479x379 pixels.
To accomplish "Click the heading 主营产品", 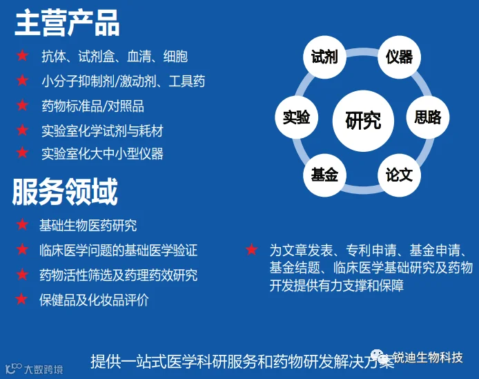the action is [67, 23].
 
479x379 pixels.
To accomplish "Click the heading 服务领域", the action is [65, 192].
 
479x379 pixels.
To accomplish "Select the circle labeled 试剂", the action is [324, 56].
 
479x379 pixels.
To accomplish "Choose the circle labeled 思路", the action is [428, 117].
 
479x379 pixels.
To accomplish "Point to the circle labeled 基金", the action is [324, 175].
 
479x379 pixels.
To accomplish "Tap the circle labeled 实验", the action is [296, 117].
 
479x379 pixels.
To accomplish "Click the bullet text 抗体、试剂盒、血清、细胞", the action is [115, 57].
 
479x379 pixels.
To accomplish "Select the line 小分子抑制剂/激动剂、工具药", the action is [124, 81].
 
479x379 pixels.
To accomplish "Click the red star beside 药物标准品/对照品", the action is [23, 106].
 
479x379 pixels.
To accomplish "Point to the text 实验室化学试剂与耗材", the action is [102, 130].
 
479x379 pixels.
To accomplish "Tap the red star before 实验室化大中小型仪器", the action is [23, 153].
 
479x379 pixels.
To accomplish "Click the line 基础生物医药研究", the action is [88, 226].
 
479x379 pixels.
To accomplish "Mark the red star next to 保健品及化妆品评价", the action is [23, 300].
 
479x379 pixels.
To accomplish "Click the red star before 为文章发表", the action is [252, 250].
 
